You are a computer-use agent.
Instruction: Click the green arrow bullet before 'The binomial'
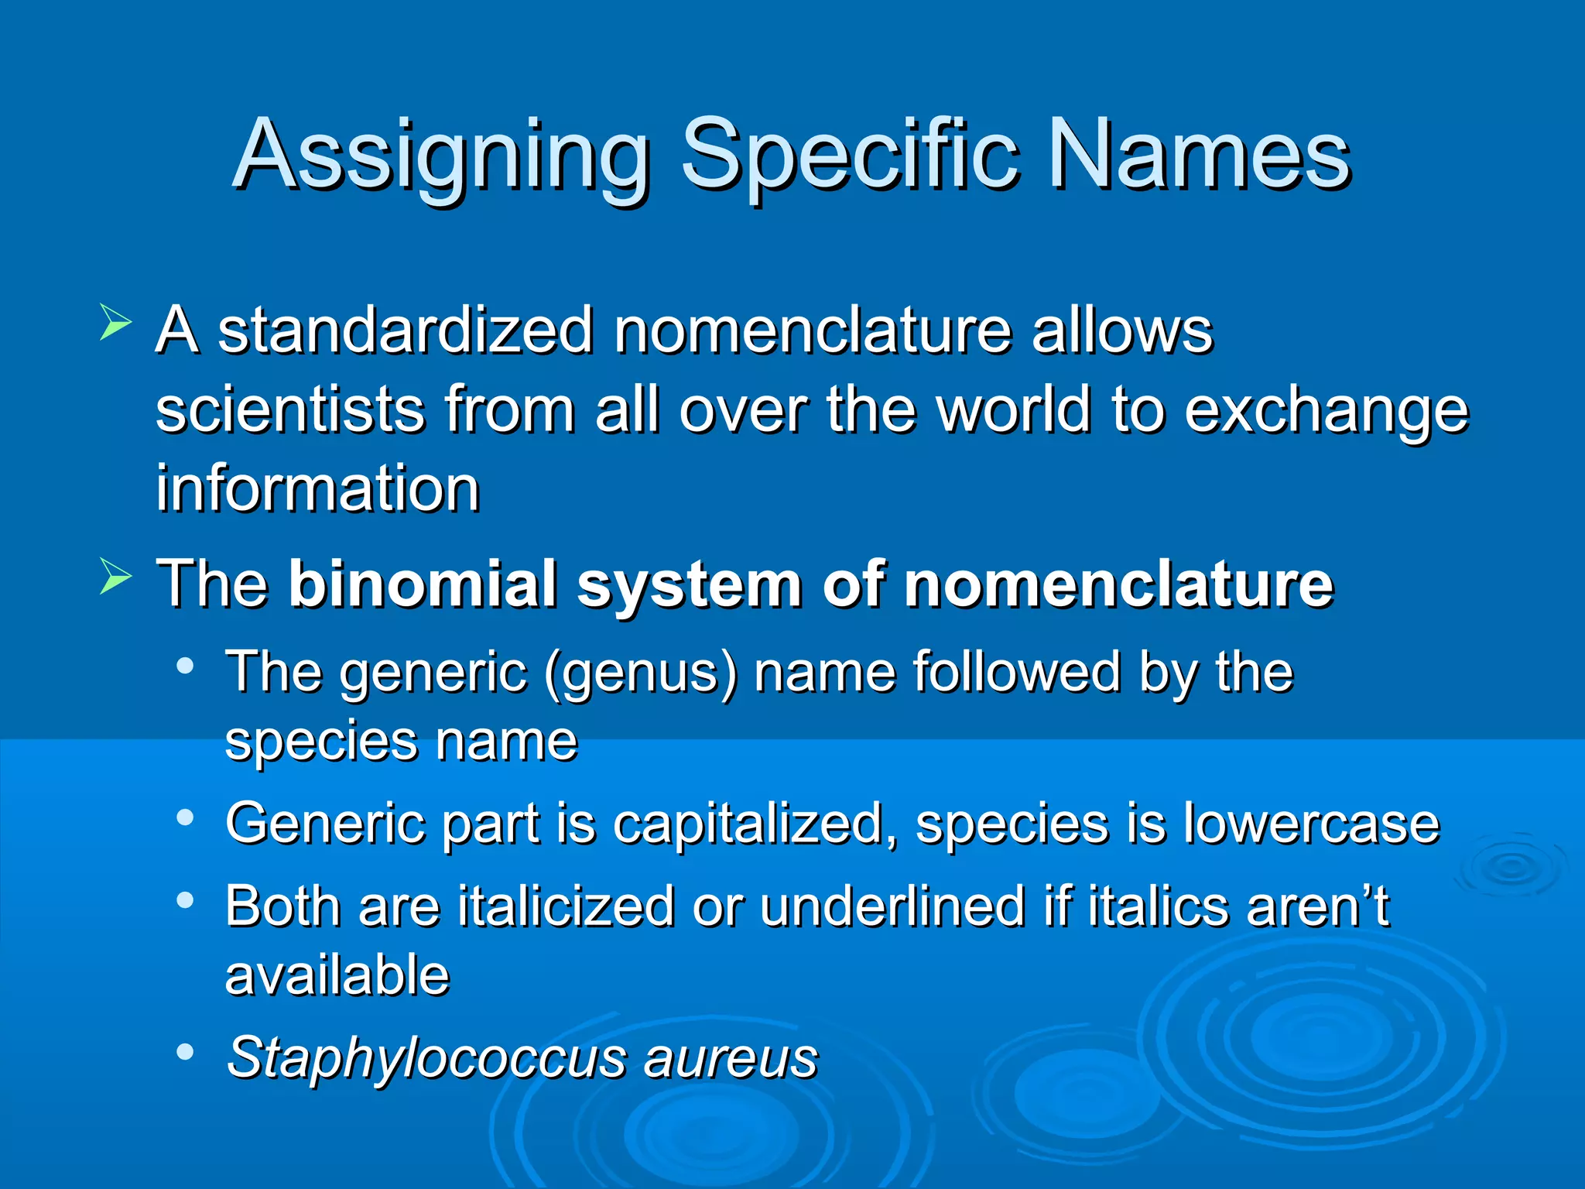pyautogui.click(x=115, y=577)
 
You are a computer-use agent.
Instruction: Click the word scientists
pyautogui.click(x=290, y=410)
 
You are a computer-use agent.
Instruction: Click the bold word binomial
pyautogui.click(x=422, y=584)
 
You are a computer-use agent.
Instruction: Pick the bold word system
pyautogui.click(x=689, y=585)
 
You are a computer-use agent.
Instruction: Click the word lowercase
pyautogui.click(x=1311, y=823)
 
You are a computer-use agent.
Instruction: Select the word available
pyautogui.click(x=337, y=975)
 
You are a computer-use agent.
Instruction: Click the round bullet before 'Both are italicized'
pyautogui.click(x=184, y=900)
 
